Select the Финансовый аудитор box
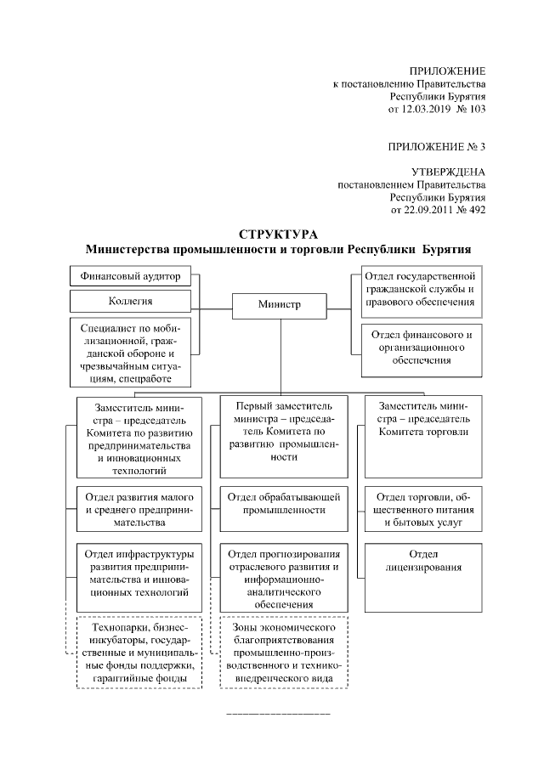(130, 277)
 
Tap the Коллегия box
(130, 301)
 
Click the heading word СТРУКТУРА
(278, 234)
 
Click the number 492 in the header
(477, 209)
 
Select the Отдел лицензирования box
(422, 562)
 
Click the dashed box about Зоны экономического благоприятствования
(282, 652)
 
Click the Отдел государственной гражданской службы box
(422, 290)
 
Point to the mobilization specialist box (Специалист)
(130, 352)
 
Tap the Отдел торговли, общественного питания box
(422, 509)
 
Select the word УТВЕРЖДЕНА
(448, 172)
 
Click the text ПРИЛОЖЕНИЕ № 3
(437, 146)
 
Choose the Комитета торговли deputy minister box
(422, 436)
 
